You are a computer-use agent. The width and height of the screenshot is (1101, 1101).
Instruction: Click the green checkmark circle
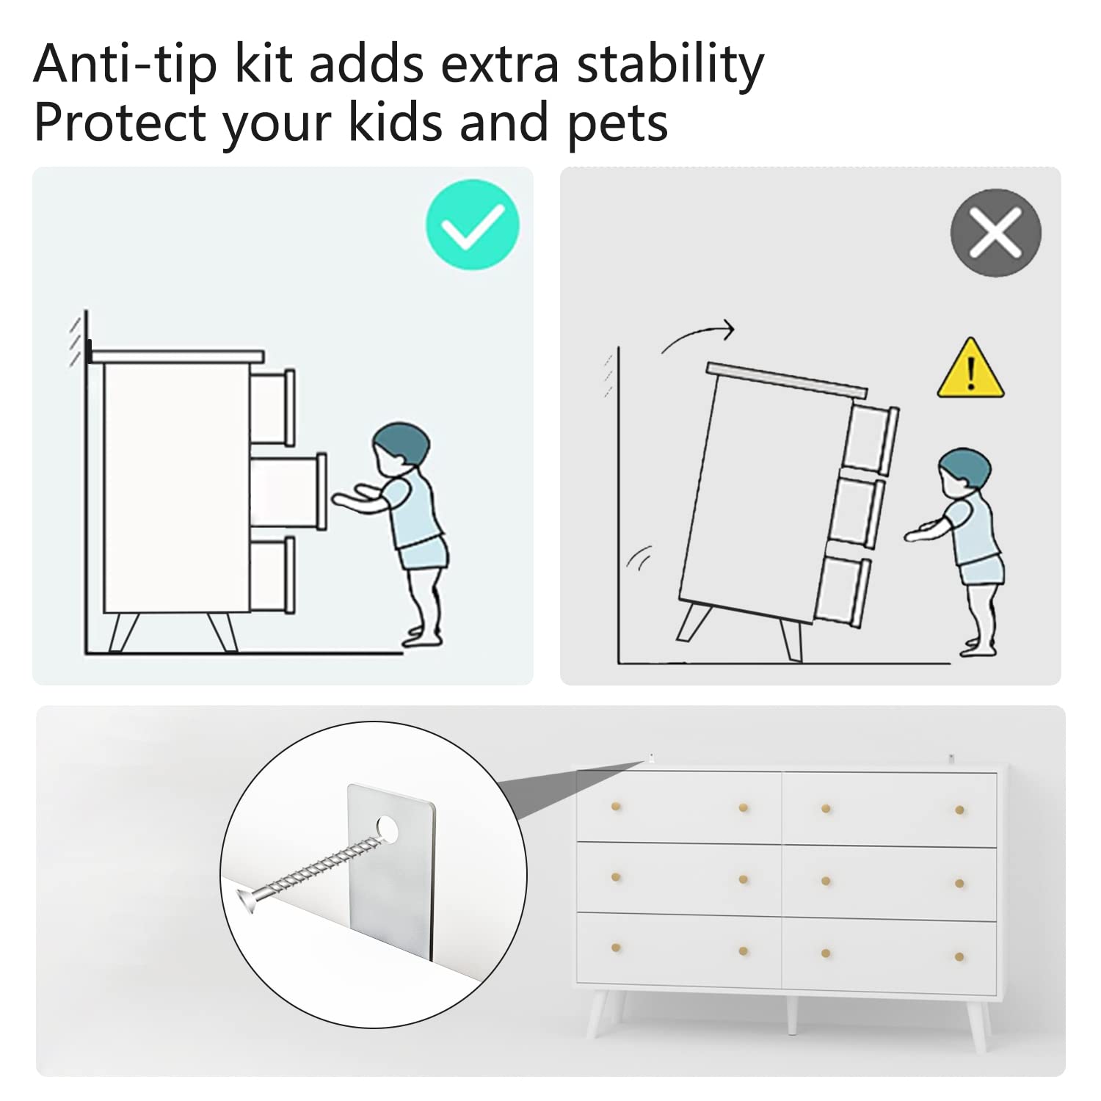point(472,225)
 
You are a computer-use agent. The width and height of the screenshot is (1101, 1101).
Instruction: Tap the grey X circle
point(995,233)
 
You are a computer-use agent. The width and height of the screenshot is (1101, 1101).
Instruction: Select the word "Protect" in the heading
point(120,123)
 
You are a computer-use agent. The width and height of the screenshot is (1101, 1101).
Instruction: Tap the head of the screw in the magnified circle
point(249,898)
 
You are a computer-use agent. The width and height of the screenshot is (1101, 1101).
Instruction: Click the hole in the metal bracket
point(388,828)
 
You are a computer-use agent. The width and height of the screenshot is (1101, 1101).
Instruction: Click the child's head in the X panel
point(964,468)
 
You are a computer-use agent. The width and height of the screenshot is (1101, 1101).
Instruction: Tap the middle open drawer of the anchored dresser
point(288,492)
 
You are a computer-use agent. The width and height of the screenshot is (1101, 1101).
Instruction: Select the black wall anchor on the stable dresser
point(89,352)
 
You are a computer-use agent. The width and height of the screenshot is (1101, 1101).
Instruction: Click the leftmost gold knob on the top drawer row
point(615,807)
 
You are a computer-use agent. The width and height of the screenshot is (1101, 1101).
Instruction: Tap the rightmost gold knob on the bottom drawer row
point(959,956)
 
